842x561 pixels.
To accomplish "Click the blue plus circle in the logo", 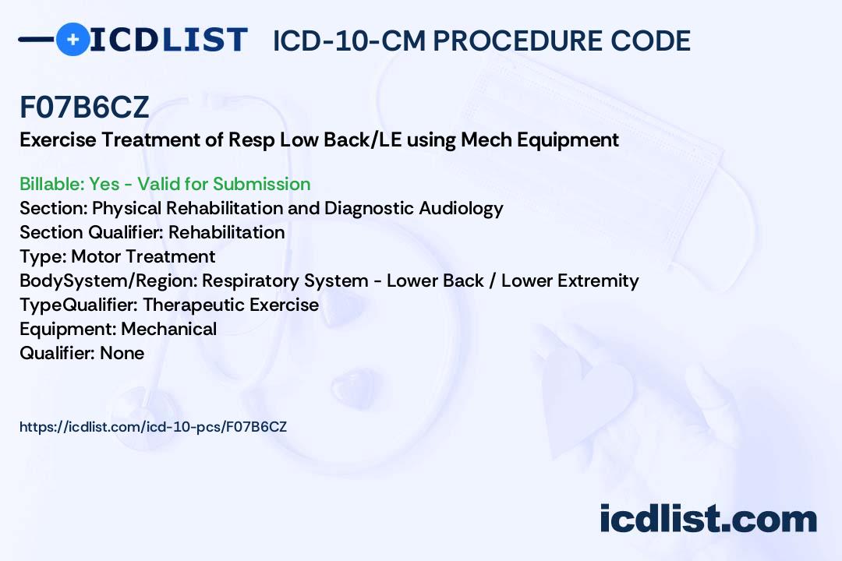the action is [73, 39].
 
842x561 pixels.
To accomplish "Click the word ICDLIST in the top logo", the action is [168, 40].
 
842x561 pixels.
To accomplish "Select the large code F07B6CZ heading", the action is [84, 107].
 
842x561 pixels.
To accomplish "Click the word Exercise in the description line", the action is [58, 139].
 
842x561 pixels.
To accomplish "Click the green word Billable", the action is [51, 184].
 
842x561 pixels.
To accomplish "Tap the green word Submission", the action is [261, 184].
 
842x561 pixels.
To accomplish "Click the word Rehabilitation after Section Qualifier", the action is [227, 232].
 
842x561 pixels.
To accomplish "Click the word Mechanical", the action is [168, 329].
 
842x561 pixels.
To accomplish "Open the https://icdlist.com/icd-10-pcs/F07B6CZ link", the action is [153, 427].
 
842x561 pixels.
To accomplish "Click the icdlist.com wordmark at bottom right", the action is [708, 518].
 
